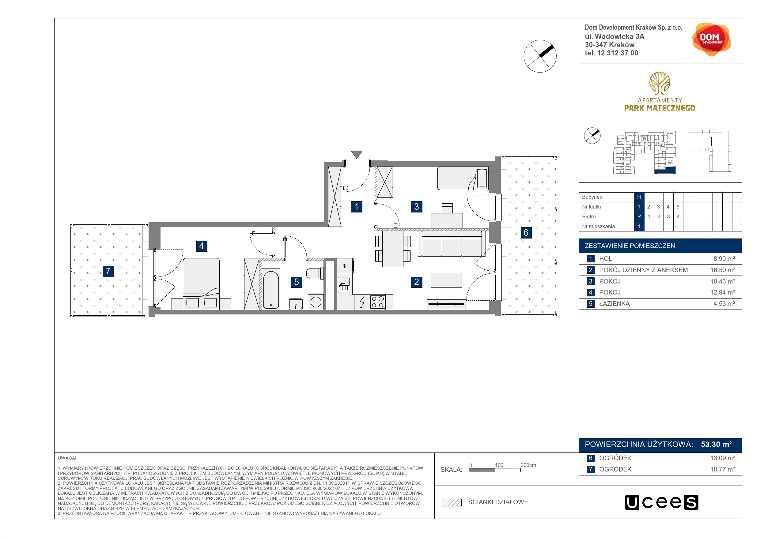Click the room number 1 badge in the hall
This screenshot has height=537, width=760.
tap(356, 207)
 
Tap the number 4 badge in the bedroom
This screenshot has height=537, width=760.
tap(202, 246)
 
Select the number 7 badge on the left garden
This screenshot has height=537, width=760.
tap(108, 271)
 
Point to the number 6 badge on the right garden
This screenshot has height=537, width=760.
tap(526, 233)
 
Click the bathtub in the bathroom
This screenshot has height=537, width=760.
tap(271, 289)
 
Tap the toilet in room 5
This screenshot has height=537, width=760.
tap(315, 273)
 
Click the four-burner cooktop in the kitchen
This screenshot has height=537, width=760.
tap(378, 302)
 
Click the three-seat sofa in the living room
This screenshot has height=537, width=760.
tap(452, 244)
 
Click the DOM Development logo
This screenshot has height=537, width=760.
tap(711, 39)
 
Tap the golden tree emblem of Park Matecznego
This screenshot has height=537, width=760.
tap(660, 84)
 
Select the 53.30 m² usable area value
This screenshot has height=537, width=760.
tap(716, 444)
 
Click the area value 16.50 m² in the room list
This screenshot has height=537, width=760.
tap(723, 270)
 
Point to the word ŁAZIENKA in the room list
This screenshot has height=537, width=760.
tap(614, 304)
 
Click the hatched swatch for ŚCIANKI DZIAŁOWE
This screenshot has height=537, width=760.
tap(451, 502)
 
